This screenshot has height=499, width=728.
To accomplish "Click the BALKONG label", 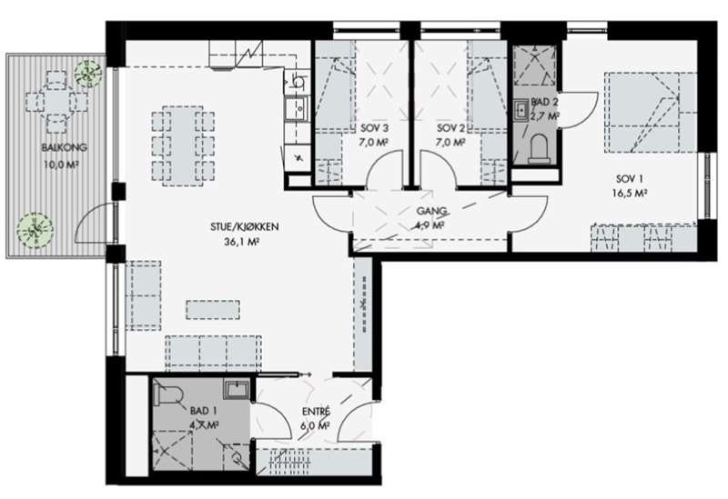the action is pyautogui.click(x=64, y=147).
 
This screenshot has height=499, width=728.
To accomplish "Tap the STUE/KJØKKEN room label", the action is pyautogui.click(x=244, y=226).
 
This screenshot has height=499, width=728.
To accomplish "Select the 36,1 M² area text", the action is pyautogui.click(x=241, y=242).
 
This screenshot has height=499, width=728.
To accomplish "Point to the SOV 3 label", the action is pyautogui.click(x=374, y=128).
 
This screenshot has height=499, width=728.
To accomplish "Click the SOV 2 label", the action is pyautogui.click(x=450, y=128).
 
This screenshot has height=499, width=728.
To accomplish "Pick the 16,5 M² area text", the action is pyautogui.click(x=630, y=194).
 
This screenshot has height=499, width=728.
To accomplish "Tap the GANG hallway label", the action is pyautogui.click(x=431, y=211).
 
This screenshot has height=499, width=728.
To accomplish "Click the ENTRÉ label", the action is pyautogui.click(x=316, y=412).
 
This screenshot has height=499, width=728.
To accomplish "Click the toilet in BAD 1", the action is pyautogui.click(x=168, y=394).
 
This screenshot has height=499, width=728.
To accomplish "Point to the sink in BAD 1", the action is pyautogui.click(x=238, y=390).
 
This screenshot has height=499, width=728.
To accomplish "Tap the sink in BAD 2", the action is pyautogui.click(x=521, y=110).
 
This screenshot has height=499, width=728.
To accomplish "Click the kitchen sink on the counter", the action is pyautogui.click(x=297, y=108).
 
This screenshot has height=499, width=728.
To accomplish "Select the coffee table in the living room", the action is pyautogui.click(x=213, y=310).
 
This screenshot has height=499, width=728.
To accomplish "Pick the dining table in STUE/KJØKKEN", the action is pyautogui.click(x=183, y=145).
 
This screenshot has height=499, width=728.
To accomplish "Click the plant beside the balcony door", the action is pyautogui.click(x=35, y=230).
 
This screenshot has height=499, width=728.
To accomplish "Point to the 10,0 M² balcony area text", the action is pyautogui.click(x=60, y=165).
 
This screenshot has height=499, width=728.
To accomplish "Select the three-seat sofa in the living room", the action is pyautogui.click(x=213, y=353).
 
